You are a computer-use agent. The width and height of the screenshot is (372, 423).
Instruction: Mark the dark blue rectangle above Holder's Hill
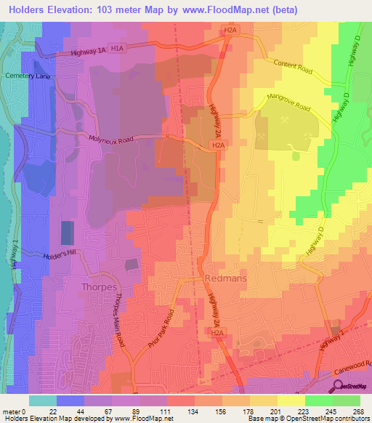tap(66, 233)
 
